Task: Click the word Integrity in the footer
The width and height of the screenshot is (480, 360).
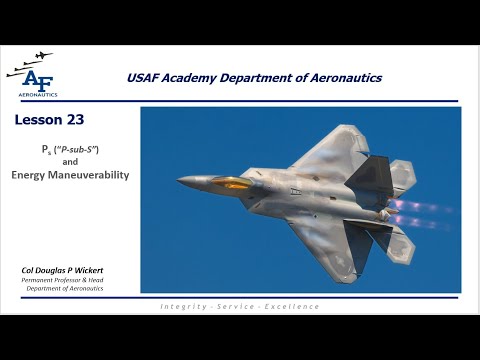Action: pos(184,305)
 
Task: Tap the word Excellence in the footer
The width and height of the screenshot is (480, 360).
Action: pos(292,305)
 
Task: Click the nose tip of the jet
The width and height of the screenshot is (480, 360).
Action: pos(180,181)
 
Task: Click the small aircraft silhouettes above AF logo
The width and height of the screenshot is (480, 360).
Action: pos(29,61)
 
